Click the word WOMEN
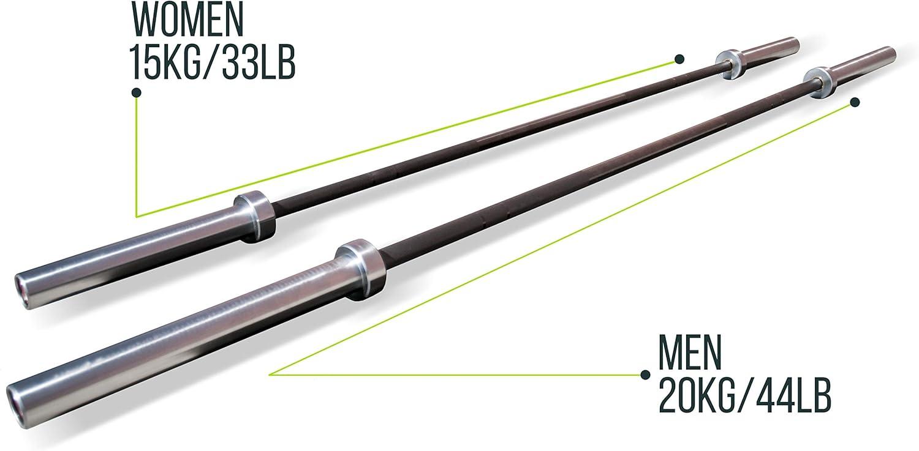point(188,19)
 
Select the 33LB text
point(251,62)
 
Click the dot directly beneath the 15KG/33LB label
point(137,92)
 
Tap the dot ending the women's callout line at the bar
point(679,59)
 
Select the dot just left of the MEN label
point(645,375)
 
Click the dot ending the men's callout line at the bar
point(855,102)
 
